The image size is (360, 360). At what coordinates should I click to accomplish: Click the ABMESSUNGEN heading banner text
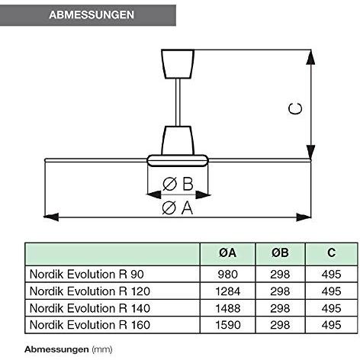pos(92,14)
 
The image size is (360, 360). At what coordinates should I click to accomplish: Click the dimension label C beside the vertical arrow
pos(295,109)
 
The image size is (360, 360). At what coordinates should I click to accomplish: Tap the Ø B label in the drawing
pos(178,184)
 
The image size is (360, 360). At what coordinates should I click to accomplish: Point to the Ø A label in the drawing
pos(178,207)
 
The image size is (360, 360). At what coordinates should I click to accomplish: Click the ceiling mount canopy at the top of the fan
pos(178,64)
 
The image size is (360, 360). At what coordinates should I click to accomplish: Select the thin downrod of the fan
pos(178,102)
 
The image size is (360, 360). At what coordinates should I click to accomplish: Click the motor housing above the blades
pos(178,140)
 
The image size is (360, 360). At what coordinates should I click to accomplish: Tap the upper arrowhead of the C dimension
pos(310,57)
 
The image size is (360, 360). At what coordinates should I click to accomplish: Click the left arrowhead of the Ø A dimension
pos(51,217)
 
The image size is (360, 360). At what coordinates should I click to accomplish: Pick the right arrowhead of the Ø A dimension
pos(304,217)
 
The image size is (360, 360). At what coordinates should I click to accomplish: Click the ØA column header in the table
pos(227,253)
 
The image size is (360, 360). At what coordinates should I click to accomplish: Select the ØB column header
pos(280,253)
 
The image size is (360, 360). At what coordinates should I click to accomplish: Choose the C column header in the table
pos(331,252)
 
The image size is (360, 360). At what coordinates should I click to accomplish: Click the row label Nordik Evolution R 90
pos(87,275)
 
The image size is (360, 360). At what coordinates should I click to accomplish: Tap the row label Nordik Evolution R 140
pos(90,308)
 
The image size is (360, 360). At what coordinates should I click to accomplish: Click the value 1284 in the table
pos(228,291)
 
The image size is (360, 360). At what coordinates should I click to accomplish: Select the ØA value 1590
pos(228,325)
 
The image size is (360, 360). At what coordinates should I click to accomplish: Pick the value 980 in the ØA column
pos(228,275)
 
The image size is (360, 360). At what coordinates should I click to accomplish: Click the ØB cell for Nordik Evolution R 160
pos(280,325)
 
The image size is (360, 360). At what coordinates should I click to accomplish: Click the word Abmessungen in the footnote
pos(56,349)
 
